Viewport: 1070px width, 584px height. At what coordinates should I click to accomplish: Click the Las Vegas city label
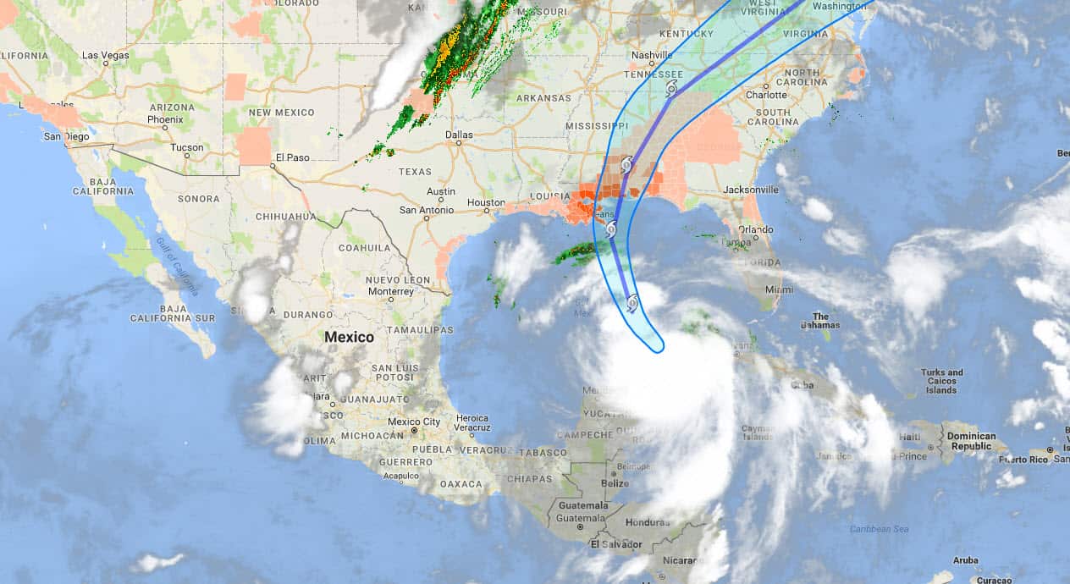[105, 55]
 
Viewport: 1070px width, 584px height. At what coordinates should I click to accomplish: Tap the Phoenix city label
[164, 119]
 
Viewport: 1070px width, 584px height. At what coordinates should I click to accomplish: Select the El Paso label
[293, 157]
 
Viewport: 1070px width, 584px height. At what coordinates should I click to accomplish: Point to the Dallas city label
[459, 134]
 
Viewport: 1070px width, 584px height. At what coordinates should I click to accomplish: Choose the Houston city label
[486, 203]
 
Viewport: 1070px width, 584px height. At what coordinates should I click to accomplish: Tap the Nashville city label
[652, 55]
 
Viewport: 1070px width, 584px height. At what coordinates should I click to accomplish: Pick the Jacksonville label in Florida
[751, 190]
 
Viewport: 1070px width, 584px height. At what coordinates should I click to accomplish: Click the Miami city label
[780, 289]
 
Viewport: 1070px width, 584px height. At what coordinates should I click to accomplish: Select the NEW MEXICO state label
[281, 113]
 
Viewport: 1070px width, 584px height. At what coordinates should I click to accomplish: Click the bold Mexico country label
[349, 337]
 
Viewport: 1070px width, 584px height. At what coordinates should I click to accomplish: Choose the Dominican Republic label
[970, 441]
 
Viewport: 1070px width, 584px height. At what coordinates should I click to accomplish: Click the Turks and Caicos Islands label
[942, 381]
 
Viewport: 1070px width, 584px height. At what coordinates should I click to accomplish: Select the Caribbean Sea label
[879, 529]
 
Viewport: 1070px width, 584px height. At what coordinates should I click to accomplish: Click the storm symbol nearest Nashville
[671, 89]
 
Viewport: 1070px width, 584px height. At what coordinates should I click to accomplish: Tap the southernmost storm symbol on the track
[632, 302]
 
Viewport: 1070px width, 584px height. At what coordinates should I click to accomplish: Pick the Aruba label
[965, 560]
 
